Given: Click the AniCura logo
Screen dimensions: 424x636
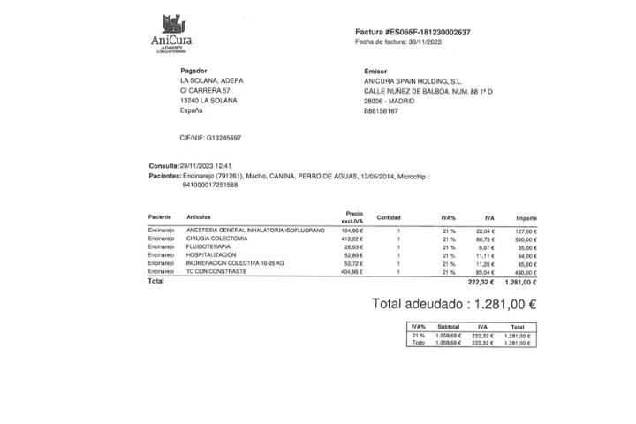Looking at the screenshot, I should tap(171, 34).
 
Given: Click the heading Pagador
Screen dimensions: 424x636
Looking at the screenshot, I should tap(193, 71).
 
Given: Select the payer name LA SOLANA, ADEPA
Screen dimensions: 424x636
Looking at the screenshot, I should tap(212, 80).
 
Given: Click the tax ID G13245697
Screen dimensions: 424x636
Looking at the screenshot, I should tap(222, 138).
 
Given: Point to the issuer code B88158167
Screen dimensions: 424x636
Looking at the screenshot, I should tap(381, 111).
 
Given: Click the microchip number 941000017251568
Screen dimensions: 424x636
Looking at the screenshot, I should tap(210, 185).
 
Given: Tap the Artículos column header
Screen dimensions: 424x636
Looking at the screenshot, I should tap(199, 217).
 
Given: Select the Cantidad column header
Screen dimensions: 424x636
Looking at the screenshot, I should tap(389, 217).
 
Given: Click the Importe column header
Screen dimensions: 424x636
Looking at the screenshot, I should tap(526, 217).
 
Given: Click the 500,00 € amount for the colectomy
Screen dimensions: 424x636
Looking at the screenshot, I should tap(526, 239).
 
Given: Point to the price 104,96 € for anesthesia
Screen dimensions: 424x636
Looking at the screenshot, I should tap(352, 231).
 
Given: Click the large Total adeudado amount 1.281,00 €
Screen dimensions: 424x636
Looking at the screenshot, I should tap(505, 304).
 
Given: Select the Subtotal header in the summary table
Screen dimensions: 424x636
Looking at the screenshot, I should tap(448, 327).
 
